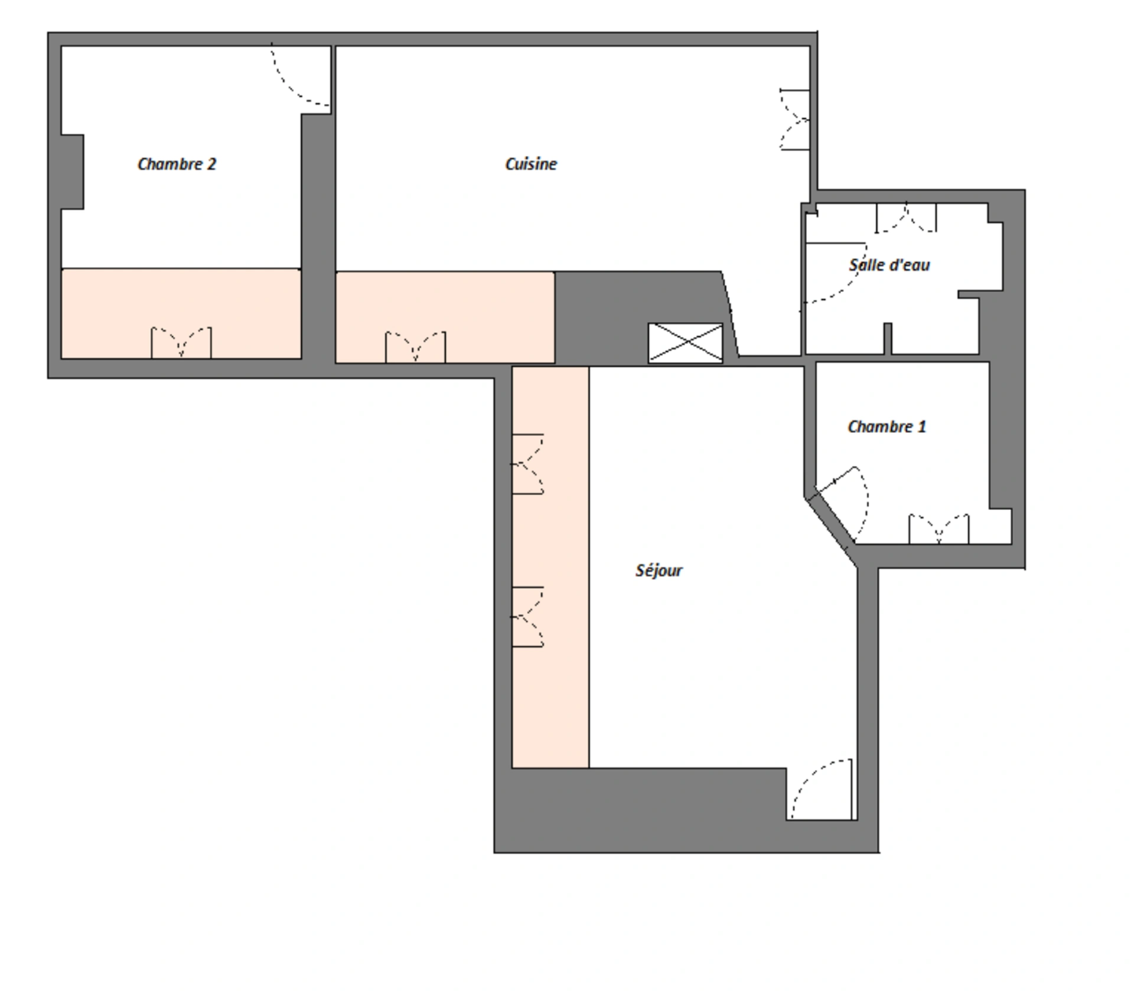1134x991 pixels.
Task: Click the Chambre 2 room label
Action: [x=177, y=164]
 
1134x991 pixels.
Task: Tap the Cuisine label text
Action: [x=531, y=164]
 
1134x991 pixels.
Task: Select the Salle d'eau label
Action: [x=889, y=265]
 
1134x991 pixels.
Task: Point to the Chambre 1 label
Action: [x=887, y=426]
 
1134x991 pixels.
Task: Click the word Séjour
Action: [x=659, y=571]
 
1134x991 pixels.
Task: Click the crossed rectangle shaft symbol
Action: [x=685, y=343]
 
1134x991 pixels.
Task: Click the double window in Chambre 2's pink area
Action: [x=181, y=343]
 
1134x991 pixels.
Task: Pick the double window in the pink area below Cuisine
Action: [x=415, y=347]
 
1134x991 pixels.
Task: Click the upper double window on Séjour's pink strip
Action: [x=527, y=464]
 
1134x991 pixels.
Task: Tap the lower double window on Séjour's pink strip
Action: [x=527, y=617]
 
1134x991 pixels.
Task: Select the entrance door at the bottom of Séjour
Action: [x=822, y=790]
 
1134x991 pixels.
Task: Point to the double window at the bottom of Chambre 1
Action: [x=939, y=529]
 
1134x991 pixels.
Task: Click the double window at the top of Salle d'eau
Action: [x=906, y=218]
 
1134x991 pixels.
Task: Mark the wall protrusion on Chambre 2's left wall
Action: [x=72, y=172]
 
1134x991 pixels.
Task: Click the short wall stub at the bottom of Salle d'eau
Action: [x=888, y=338]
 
